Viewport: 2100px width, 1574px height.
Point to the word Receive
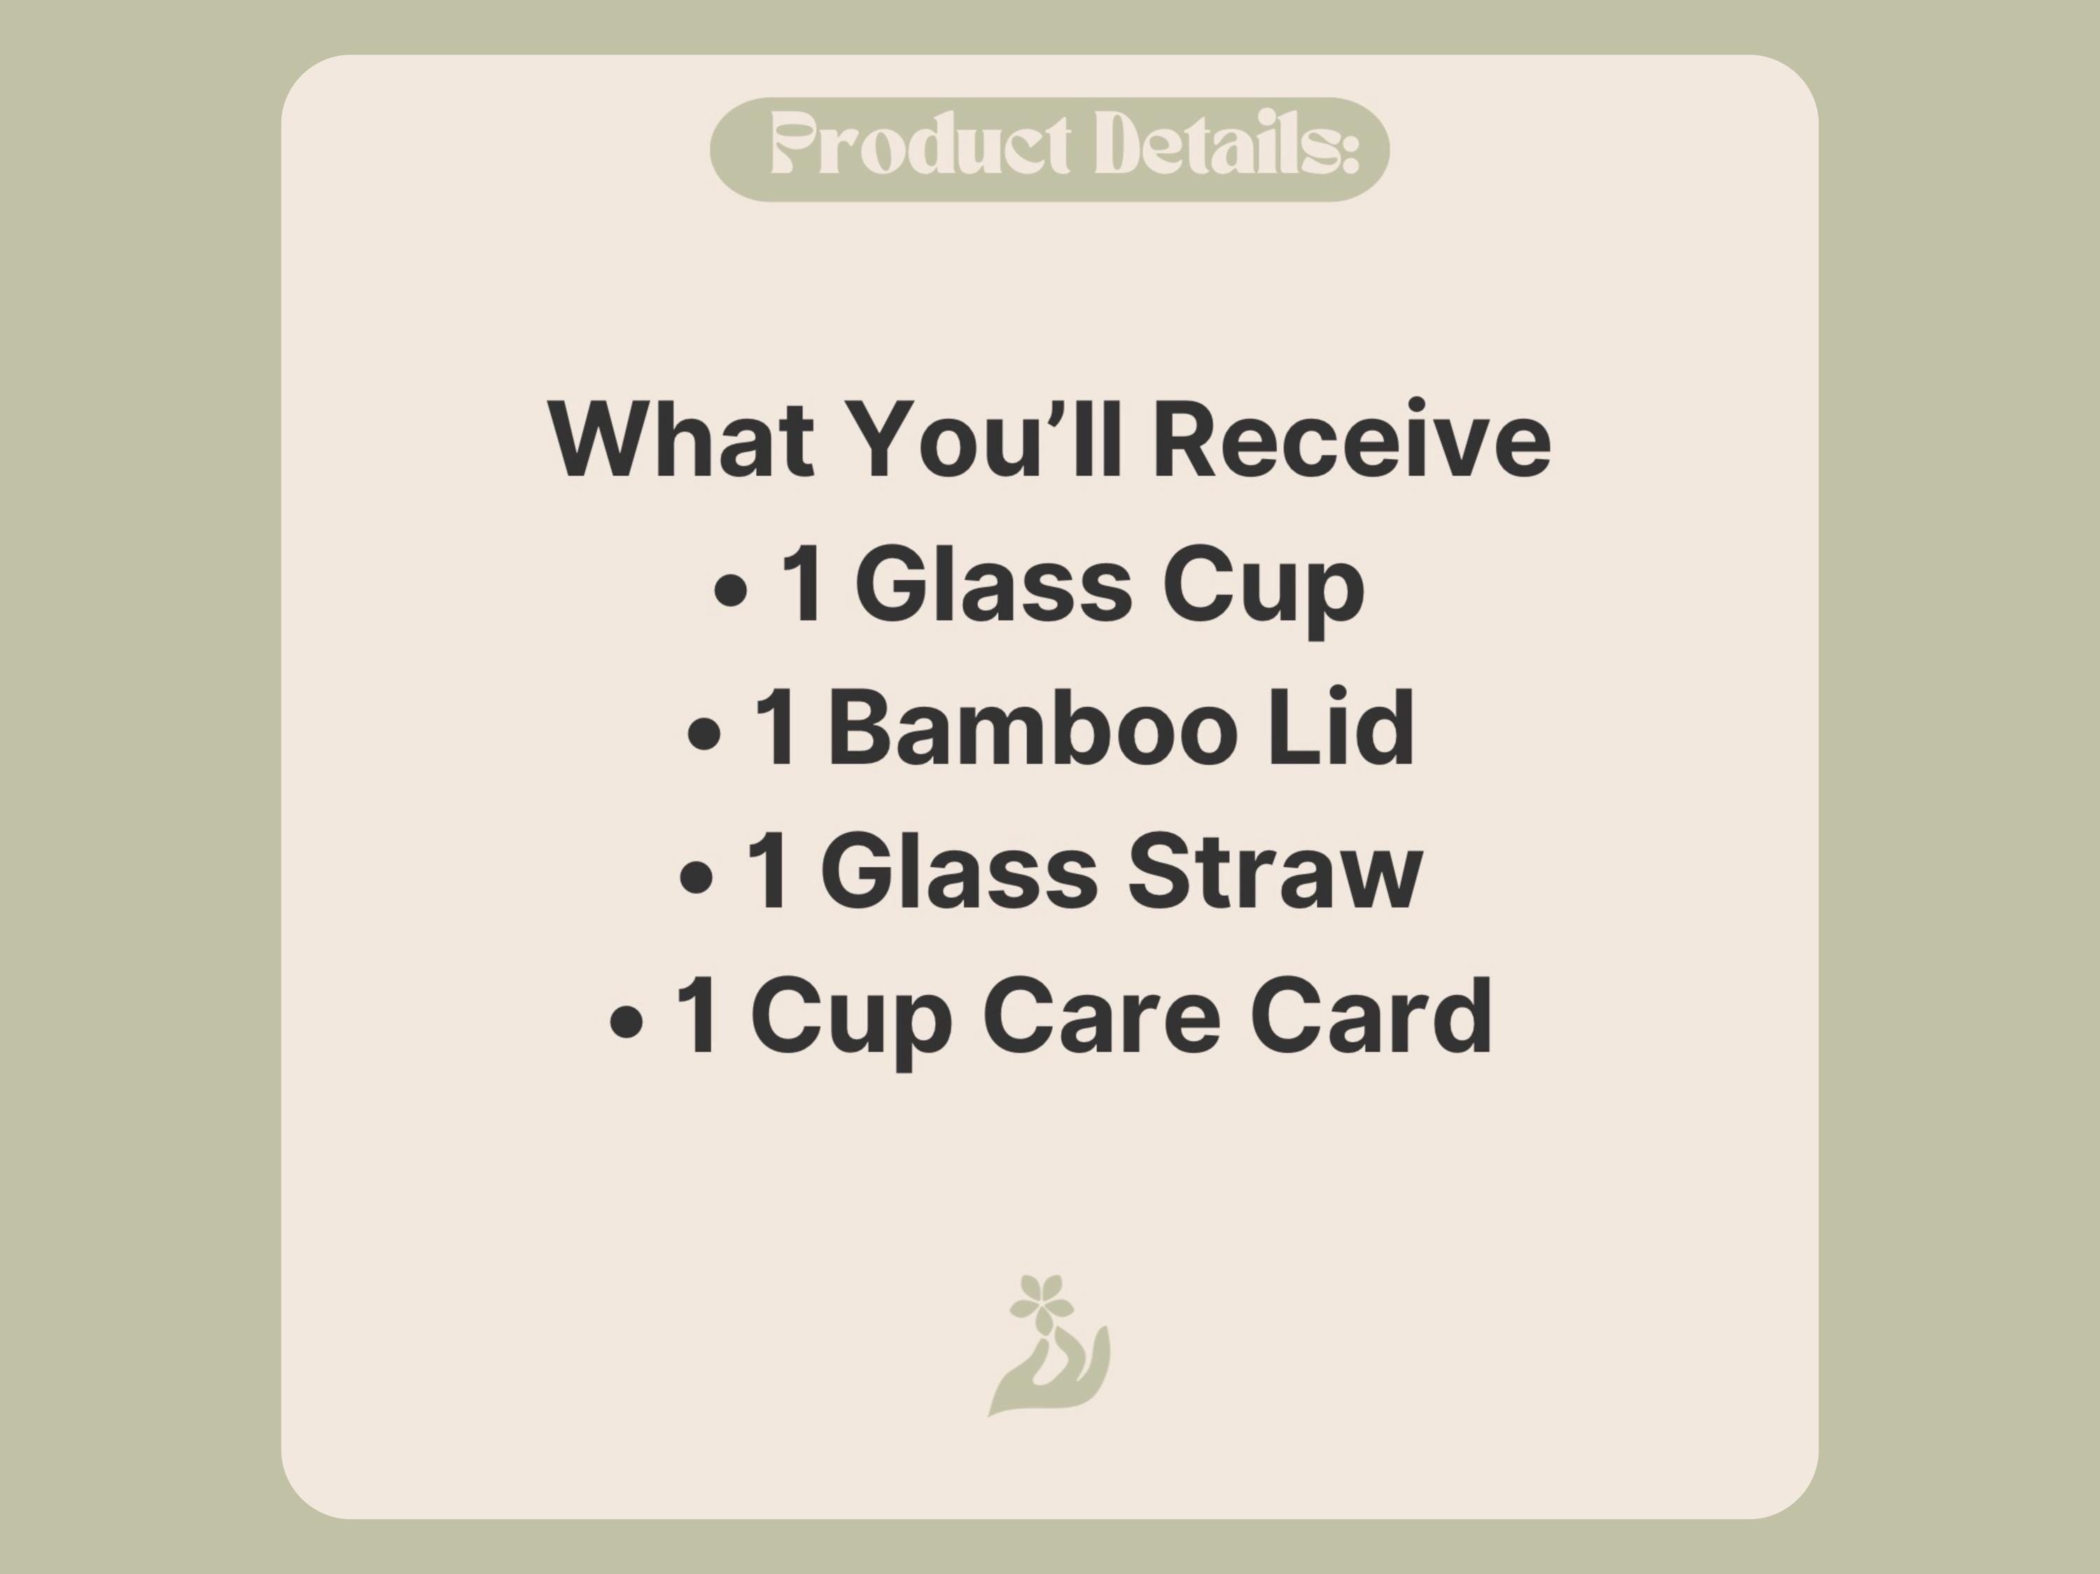click(x=1352, y=440)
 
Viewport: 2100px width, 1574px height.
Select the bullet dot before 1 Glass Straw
click(x=696, y=879)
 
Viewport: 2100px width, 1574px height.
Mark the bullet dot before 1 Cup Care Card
click(x=626, y=1023)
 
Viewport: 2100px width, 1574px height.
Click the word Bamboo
click(x=1034, y=727)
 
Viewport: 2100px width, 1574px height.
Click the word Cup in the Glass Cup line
click(x=1263, y=593)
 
